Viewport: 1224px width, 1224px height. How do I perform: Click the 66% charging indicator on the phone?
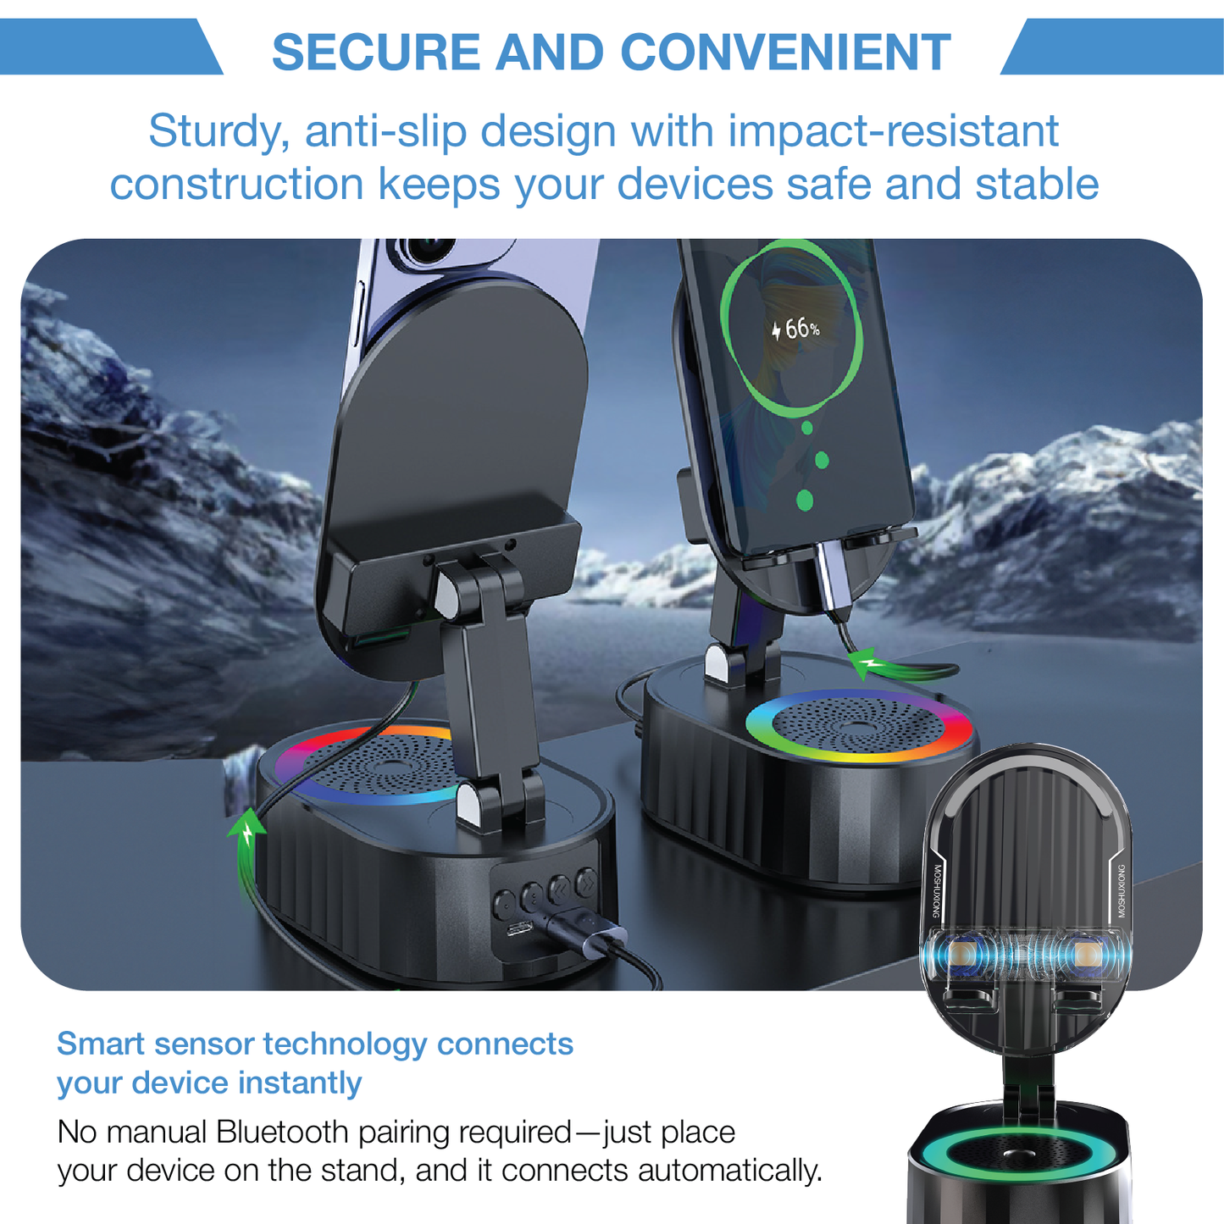click(x=796, y=329)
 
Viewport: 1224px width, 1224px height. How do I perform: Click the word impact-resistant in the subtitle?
click(x=893, y=132)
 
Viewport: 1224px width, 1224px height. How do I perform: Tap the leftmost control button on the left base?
click(x=507, y=899)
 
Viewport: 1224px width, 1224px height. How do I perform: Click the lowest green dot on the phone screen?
click(x=805, y=501)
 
